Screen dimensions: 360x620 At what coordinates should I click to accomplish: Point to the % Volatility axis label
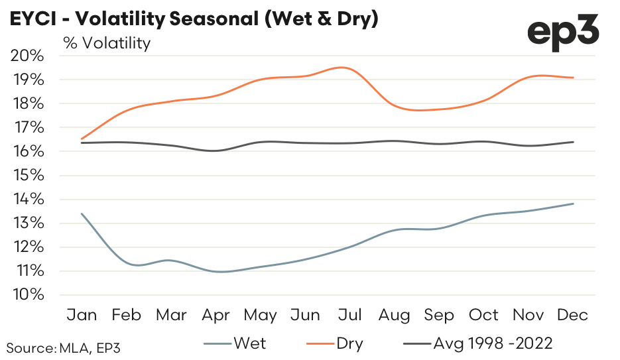pyautogui.click(x=107, y=43)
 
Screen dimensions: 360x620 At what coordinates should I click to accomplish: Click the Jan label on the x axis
pyautogui.click(x=81, y=315)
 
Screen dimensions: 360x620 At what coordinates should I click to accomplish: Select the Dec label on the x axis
pyautogui.click(x=572, y=315)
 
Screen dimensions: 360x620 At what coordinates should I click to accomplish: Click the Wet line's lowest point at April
pyautogui.click(x=219, y=271)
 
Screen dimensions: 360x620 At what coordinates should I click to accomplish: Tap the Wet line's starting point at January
pyautogui.click(x=81, y=213)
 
